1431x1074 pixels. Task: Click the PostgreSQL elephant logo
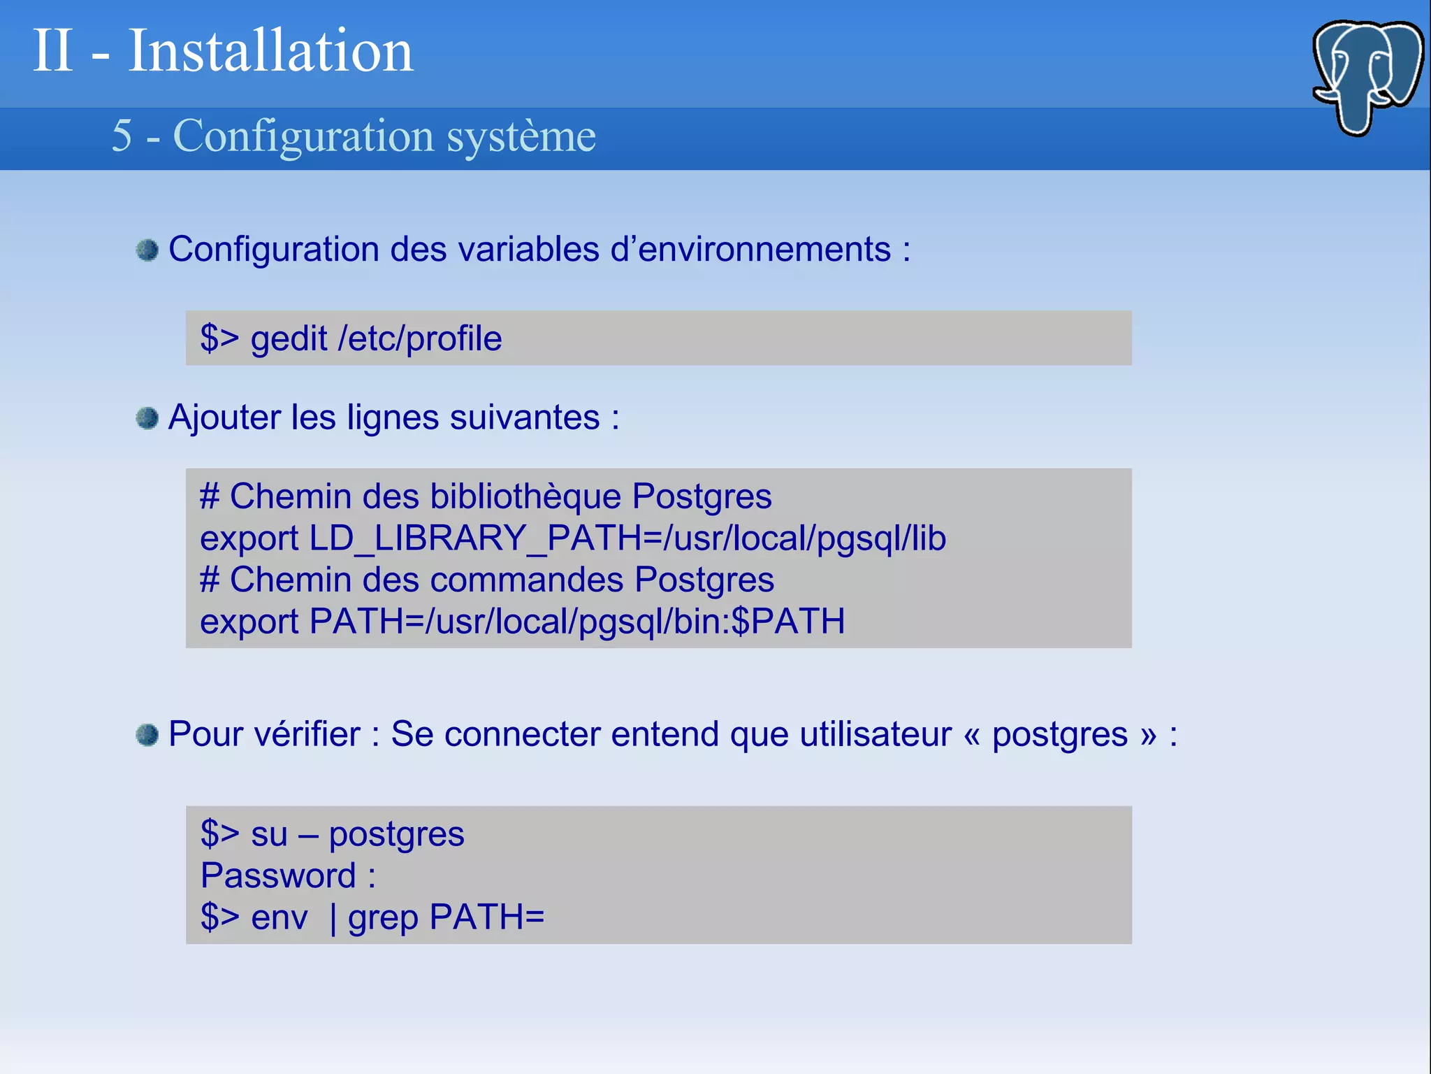tap(1367, 77)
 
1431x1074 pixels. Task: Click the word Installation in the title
tap(270, 50)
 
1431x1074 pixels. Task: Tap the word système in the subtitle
tap(521, 136)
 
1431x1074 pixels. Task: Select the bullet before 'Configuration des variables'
tap(147, 250)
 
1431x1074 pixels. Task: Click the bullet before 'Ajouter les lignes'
tap(147, 418)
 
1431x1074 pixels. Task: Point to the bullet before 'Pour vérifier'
tap(147, 735)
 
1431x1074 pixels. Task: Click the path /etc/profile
tap(420, 339)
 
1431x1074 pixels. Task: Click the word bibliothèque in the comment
tap(525, 496)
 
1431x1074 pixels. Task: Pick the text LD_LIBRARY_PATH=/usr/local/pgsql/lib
tap(627, 538)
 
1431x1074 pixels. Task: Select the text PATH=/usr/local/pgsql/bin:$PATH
tap(577, 622)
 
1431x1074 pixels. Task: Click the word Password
tap(278, 875)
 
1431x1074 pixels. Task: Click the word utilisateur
tap(876, 734)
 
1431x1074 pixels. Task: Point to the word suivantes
tap(525, 417)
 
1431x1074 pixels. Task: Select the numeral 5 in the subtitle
tap(122, 136)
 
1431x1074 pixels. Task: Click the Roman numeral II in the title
tap(53, 50)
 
